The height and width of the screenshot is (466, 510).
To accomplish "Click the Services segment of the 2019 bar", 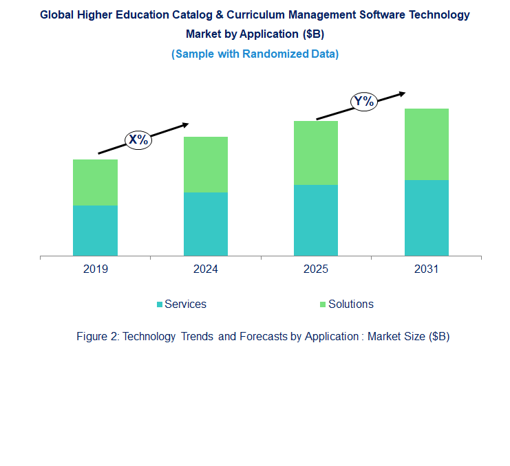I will pyautogui.click(x=95, y=230).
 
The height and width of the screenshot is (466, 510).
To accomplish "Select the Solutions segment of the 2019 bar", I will pyautogui.click(x=95, y=182).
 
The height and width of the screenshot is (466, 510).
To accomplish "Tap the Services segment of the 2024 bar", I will pyautogui.click(x=205, y=223).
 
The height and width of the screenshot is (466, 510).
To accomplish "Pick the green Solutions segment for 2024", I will pyautogui.click(x=205, y=164).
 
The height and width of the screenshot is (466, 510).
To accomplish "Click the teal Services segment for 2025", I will pyautogui.click(x=316, y=220).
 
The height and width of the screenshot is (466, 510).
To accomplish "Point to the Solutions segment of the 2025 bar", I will pyautogui.click(x=316, y=153).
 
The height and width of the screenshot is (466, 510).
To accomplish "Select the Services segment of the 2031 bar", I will pyautogui.click(x=426, y=217).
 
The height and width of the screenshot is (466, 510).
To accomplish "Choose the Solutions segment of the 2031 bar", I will pyautogui.click(x=426, y=144).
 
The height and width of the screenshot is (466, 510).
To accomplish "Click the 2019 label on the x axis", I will pyautogui.click(x=95, y=269).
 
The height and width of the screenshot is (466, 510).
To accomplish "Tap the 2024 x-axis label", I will pyautogui.click(x=205, y=269).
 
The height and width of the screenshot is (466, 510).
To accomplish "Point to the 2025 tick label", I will pyautogui.click(x=316, y=269).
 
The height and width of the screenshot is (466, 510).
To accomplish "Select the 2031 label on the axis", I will pyautogui.click(x=426, y=269).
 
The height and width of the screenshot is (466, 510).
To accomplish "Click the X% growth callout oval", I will pyautogui.click(x=138, y=140).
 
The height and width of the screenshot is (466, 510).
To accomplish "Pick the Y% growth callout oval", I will pyautogui.click(x=363, y=102).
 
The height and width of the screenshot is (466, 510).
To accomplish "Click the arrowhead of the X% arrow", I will pyautogui.click(x=185, y=124).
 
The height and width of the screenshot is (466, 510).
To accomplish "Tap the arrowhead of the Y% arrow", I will pyautogui.click(x=402, y=93).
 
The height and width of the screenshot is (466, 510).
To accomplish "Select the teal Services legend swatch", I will pyautogui.click(x=160, y=304).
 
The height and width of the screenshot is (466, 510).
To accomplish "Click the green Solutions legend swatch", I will pyautogui.click(x=323, y=304).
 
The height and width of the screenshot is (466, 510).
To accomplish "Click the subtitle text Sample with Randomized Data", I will pyautogui.click(x=255, y=54).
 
